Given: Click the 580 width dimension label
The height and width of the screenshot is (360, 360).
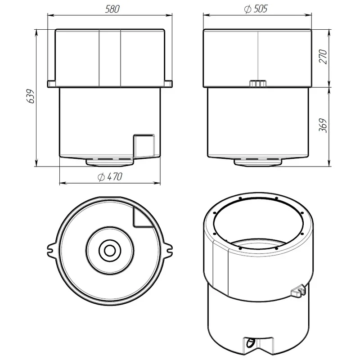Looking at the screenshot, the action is (112, 9).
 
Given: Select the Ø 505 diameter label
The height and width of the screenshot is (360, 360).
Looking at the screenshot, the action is (256, 9).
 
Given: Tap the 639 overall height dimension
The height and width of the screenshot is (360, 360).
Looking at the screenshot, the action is (30, 96).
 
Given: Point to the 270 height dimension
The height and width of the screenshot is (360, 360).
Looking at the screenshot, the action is (323, 57).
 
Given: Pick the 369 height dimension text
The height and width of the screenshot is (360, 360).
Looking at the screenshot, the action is (323, 126).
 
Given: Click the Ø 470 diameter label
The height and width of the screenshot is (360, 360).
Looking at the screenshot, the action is (110, 177).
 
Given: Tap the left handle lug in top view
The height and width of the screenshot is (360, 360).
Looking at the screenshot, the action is (52, 250).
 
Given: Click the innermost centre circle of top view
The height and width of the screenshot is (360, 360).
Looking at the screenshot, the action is (110, 250).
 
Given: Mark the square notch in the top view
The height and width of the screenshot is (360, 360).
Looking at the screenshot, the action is (142, 217).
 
